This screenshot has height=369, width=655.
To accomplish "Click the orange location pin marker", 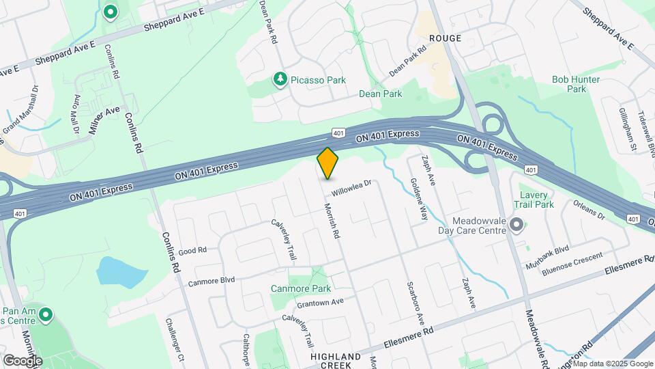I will pos(328,163).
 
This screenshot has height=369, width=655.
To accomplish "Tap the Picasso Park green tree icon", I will pos(280,80).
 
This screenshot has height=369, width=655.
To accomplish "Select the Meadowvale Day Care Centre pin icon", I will pos(516,225).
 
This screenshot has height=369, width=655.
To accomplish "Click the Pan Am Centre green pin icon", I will pos(46,315).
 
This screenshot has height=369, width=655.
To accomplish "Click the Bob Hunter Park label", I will pos(577,84).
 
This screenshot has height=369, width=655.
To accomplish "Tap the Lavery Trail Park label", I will pos(536,199).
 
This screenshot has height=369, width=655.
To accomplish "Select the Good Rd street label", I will pos(192,251).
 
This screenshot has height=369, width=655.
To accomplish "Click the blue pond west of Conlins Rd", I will pos(121,271).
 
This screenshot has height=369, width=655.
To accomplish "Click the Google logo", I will pos(23,360).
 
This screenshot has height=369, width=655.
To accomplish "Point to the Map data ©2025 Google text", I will pos(606,363).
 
